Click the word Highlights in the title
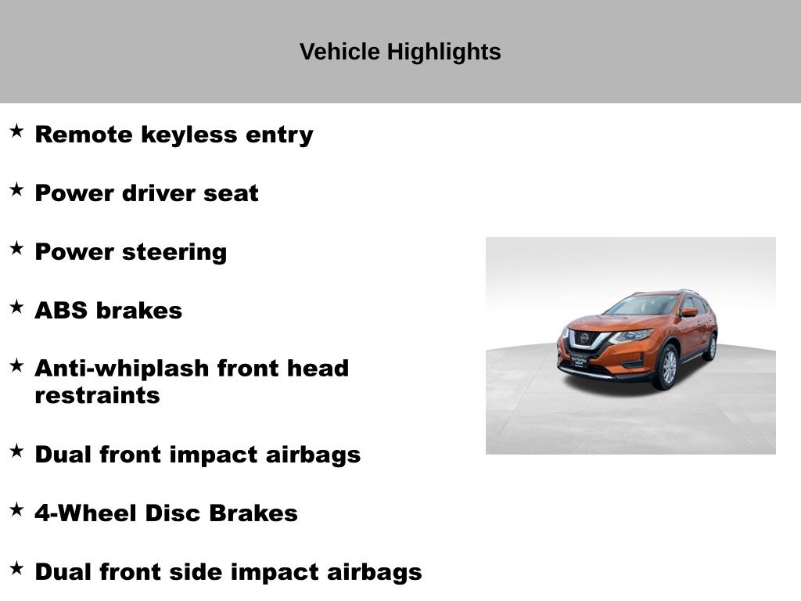tap(444, 52)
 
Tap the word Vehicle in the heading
tap(339, 52)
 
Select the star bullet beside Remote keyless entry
tap(17, 131)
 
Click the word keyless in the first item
tap(189, 135)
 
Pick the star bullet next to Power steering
tap(17, 248)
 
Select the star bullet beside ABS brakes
tap(17, 307)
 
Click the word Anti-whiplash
tap(122, 369)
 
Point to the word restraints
tap(97, 395)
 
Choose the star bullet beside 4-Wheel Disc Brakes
tap(17, 509)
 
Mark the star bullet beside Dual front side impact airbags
tap(17, 568)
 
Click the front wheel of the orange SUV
tap(668, 367)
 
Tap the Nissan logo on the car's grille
tap(584, 338)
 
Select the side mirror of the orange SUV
tap(690, 312)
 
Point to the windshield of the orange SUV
tap(641, 306)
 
